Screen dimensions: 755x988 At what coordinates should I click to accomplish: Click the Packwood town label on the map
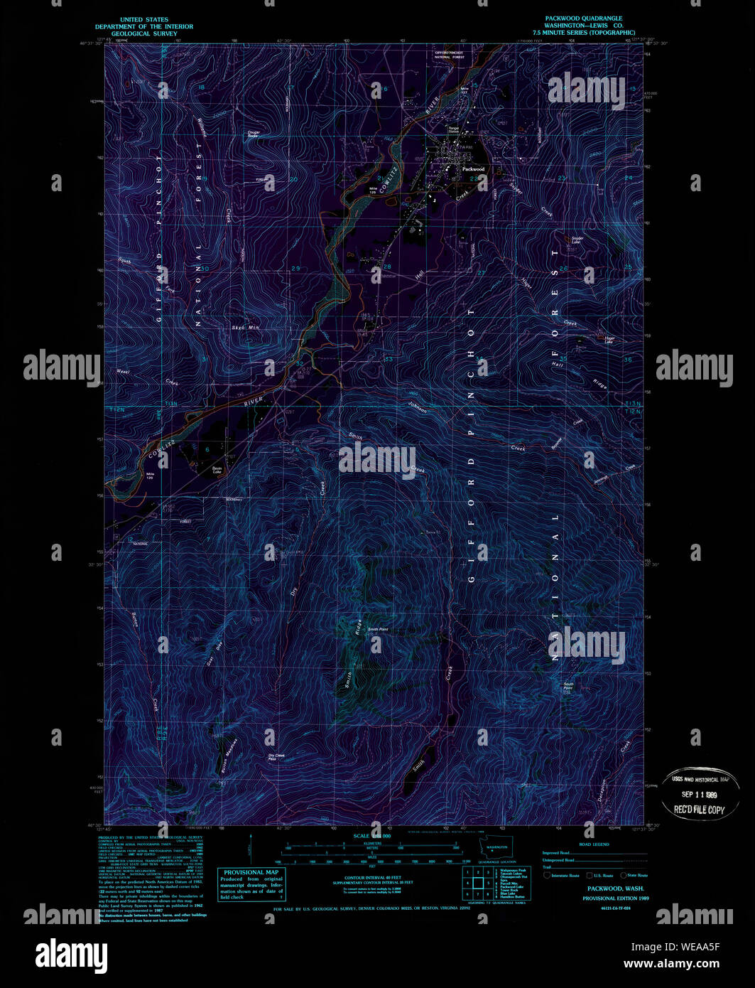coord(473,169)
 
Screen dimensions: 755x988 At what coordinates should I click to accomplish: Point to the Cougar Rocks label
coord(253,133)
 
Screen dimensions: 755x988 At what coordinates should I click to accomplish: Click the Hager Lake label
coord(608,340)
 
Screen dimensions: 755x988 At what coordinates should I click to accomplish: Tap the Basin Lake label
coord(217,469)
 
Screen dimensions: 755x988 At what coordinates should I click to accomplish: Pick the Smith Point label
coord(377,629)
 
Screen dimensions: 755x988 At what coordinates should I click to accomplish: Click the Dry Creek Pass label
coord(276,757)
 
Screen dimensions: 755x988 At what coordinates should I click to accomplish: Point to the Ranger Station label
coord(453,130)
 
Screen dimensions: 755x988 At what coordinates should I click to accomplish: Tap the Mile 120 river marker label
coord(150,476)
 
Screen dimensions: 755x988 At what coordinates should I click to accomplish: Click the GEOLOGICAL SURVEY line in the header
coord(144,33)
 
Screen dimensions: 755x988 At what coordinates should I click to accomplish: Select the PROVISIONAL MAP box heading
coord(251,872)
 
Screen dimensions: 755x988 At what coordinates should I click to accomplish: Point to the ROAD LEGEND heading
coord(594,844)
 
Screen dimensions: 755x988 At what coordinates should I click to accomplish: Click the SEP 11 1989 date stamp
coord(699,794)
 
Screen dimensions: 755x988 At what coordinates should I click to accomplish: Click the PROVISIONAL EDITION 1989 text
coord(615,898)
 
